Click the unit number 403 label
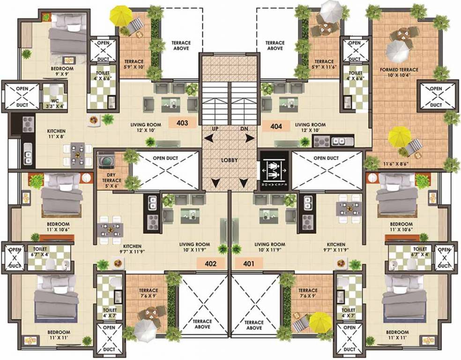coord(182,123)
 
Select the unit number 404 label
coord(276,125)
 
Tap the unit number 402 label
coord(211,263)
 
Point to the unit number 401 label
coord(249,263)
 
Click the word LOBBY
coord(230,160)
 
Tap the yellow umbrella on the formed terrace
coord(400,136)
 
